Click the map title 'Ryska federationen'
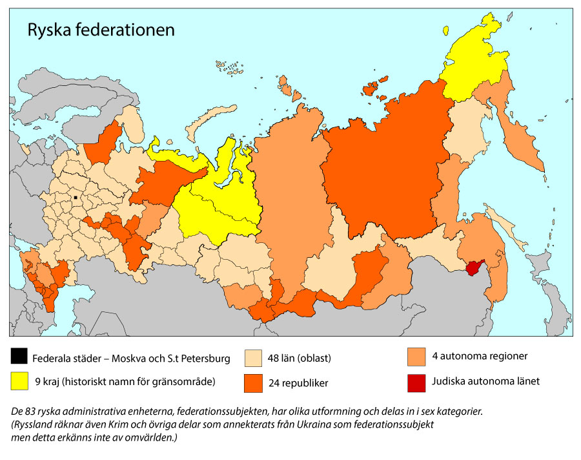pos(100,30)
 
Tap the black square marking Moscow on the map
pos(76,197)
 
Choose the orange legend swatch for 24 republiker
pos(254,383)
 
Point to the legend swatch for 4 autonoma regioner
pos(416,356)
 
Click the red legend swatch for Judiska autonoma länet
pos(416,381)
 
